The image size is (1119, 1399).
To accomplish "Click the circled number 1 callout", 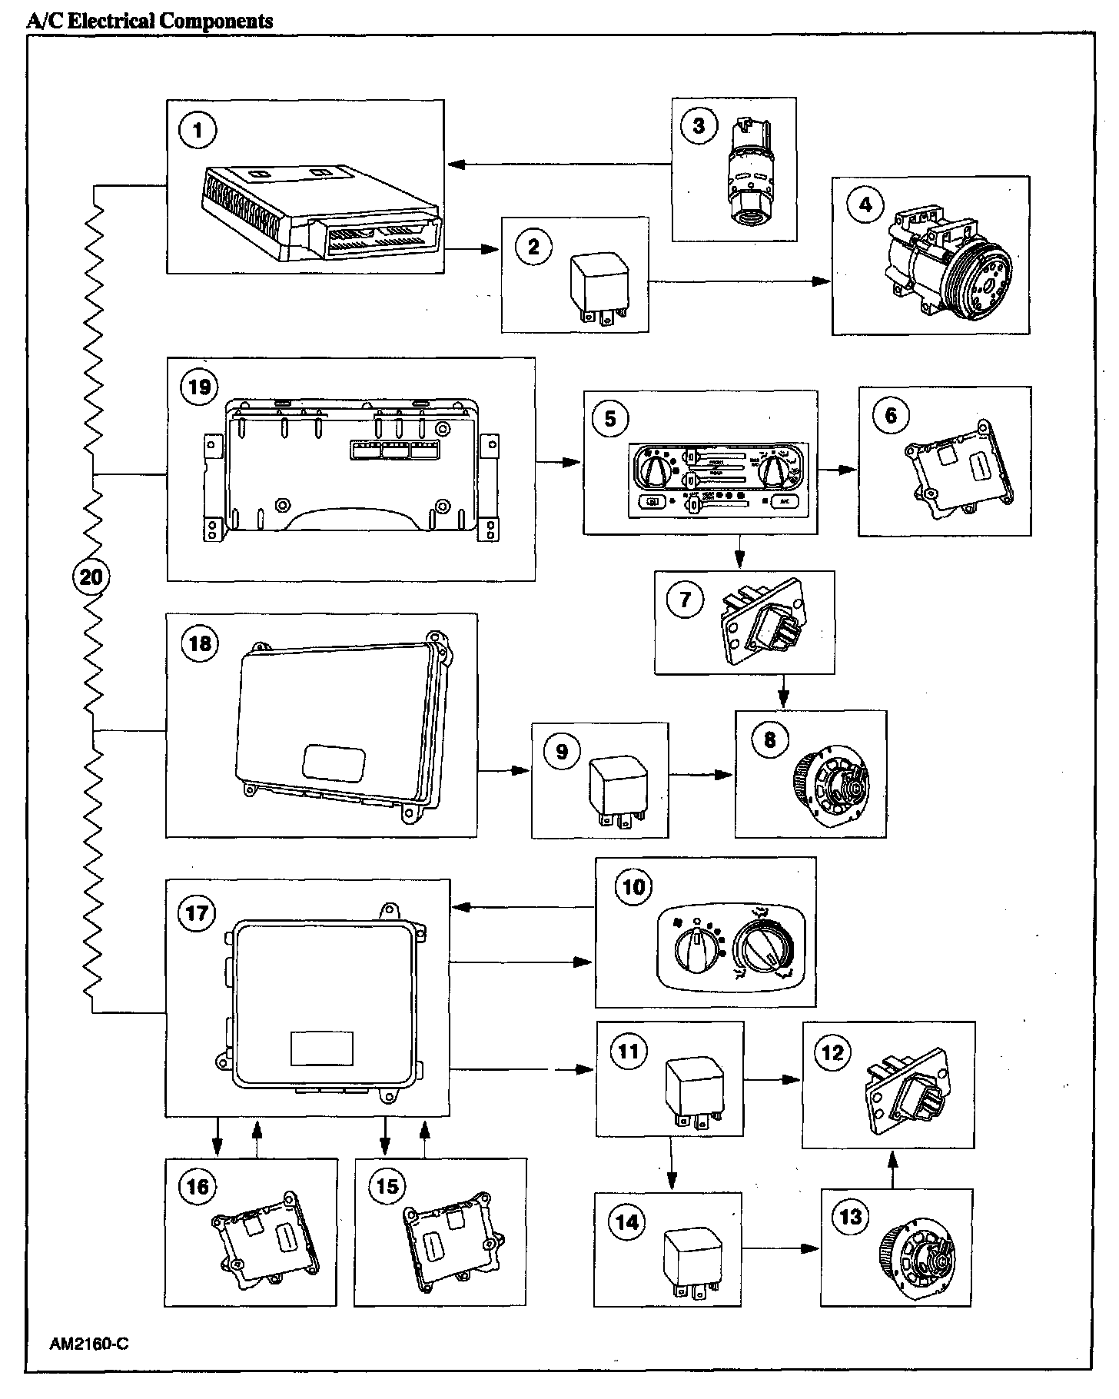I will [198, 130].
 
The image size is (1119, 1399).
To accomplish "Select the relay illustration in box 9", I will [613, 793].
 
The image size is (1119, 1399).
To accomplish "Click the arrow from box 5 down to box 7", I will [739, 551].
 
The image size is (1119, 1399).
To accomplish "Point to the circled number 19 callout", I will [199, 386].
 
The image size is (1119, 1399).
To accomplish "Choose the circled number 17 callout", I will [197, 912].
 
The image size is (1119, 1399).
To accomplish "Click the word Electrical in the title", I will [111, 21].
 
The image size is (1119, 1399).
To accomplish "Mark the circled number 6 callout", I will [891, 416].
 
